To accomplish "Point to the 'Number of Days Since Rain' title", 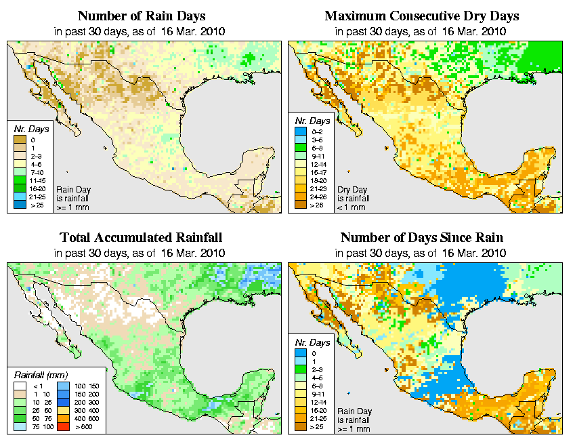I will click(x=421, y=238).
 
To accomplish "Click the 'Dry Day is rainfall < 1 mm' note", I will click(x=353, y=199).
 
